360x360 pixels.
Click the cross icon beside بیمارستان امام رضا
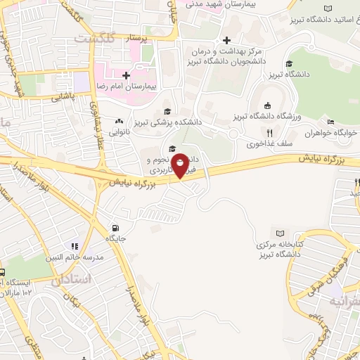[126, 75]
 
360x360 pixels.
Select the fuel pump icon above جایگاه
[115, 228]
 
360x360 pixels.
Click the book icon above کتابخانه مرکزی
[280, 233]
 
